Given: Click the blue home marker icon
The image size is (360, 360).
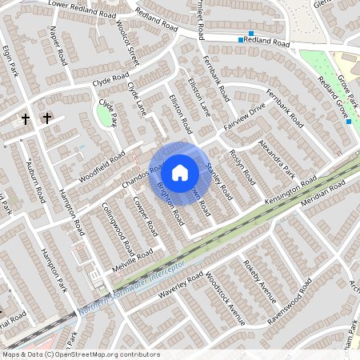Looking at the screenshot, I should click(180, 173).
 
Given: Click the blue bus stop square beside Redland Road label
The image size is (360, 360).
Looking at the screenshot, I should click(241, 39).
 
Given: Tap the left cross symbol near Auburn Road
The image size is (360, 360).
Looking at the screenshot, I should click(26, 119).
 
